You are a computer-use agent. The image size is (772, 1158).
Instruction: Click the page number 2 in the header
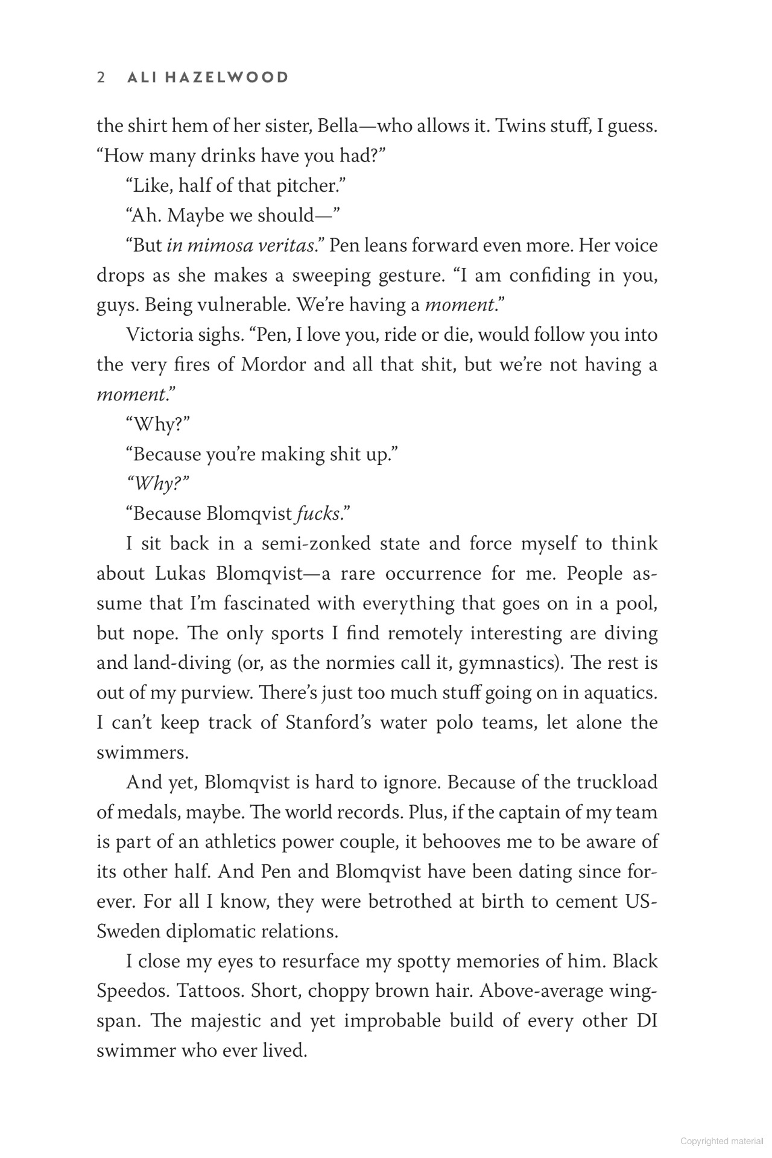tap(101, 78)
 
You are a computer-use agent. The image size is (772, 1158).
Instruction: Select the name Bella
tap(342, 127)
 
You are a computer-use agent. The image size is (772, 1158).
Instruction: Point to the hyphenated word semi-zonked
tap(316, 543)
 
